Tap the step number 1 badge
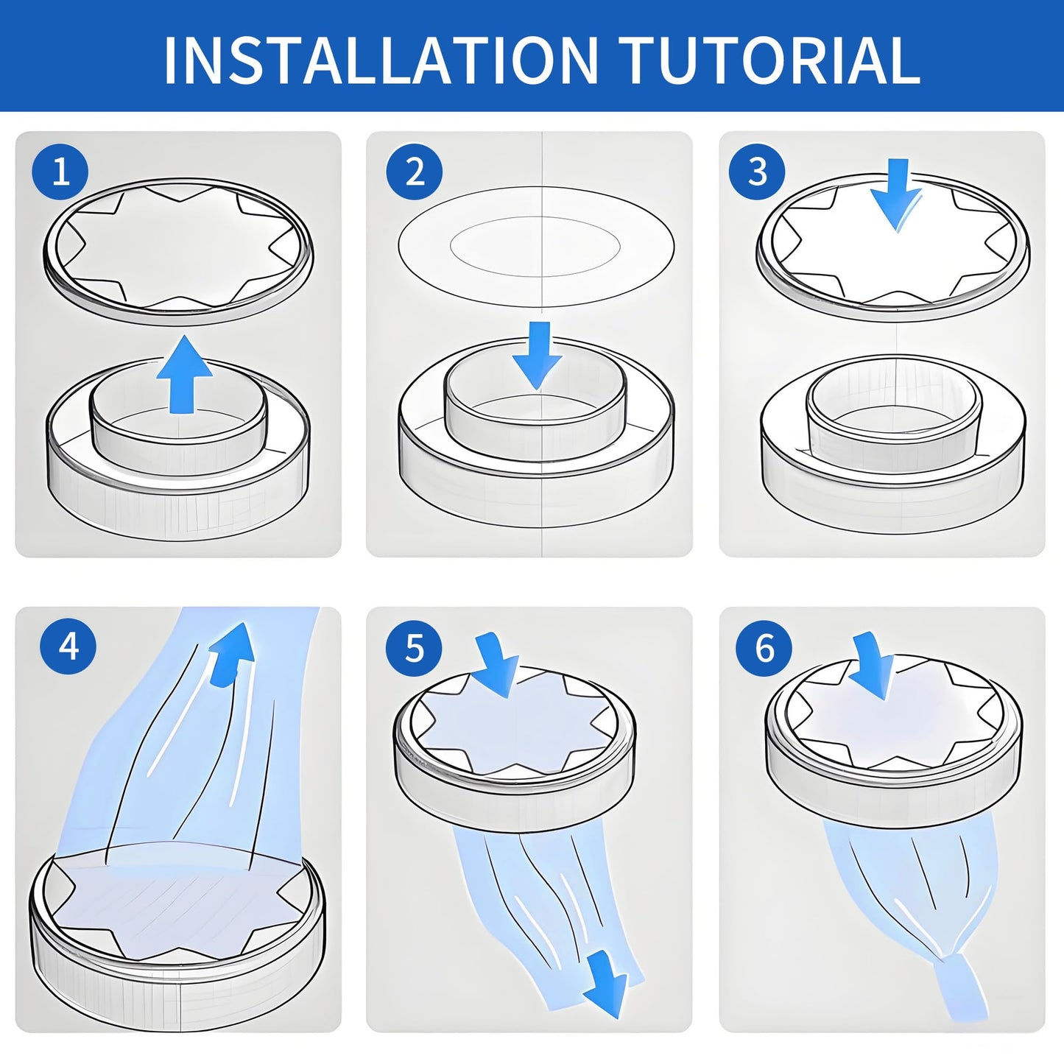60,172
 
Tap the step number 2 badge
415,172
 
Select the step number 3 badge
757,171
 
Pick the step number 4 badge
68,645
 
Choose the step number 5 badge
415,647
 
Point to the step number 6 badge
765,648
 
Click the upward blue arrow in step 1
184,376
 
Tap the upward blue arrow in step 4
232,655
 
